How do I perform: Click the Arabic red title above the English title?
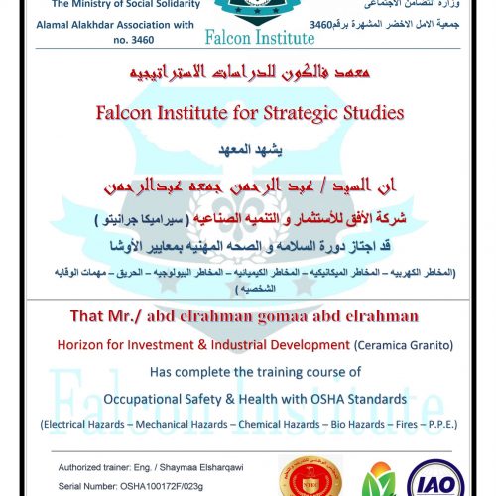248,74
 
